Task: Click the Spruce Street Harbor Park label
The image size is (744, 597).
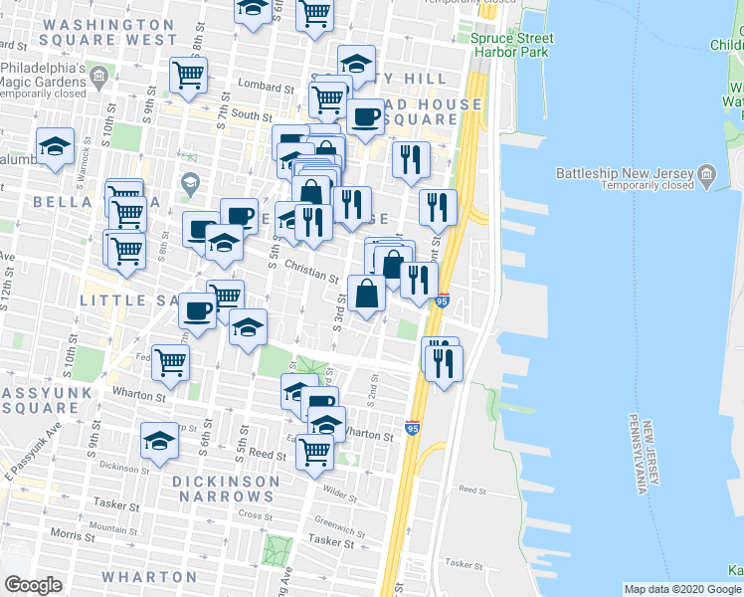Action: click(512, 45)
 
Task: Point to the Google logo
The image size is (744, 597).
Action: click(33, 585)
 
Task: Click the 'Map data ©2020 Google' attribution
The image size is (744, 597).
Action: click(682, 589)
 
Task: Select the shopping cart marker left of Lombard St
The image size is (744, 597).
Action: click(188, 74)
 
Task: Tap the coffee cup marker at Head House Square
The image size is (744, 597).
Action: click(364, 115)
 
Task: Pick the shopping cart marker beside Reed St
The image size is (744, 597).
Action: click(315, 450)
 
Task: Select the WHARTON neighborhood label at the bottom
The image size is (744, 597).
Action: click(150, 576)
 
